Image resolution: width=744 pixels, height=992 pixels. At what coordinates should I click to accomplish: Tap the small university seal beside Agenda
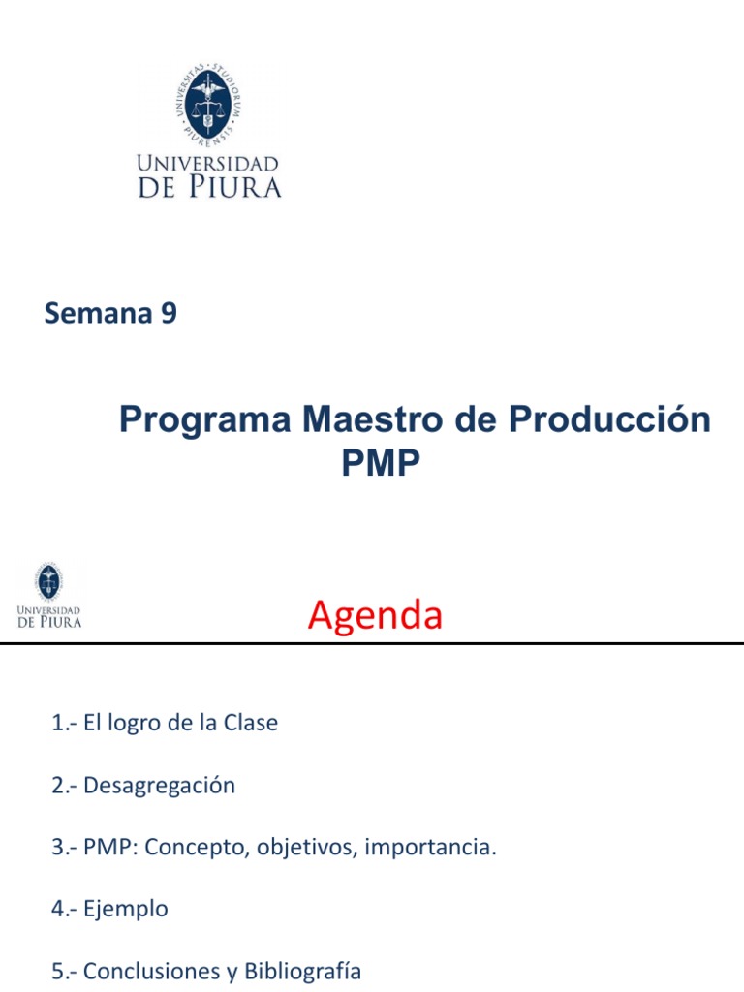pos(48,581)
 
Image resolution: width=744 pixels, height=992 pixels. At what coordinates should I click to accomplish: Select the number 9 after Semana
pos(169,314)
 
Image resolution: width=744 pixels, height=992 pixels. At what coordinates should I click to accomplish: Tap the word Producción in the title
pos(609,420)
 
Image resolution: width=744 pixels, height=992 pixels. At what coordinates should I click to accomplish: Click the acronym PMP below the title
pos(381,464)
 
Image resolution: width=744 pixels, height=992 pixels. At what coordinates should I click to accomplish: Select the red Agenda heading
pos(375,616)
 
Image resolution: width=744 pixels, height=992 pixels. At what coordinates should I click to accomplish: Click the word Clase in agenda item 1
pos(251,723)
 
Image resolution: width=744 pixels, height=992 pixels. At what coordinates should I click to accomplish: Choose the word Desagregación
pos(159,785)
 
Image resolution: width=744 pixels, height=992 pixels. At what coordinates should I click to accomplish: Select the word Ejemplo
pos(126,910)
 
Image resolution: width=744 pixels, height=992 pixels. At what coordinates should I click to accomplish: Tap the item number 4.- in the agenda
pos(65,909)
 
